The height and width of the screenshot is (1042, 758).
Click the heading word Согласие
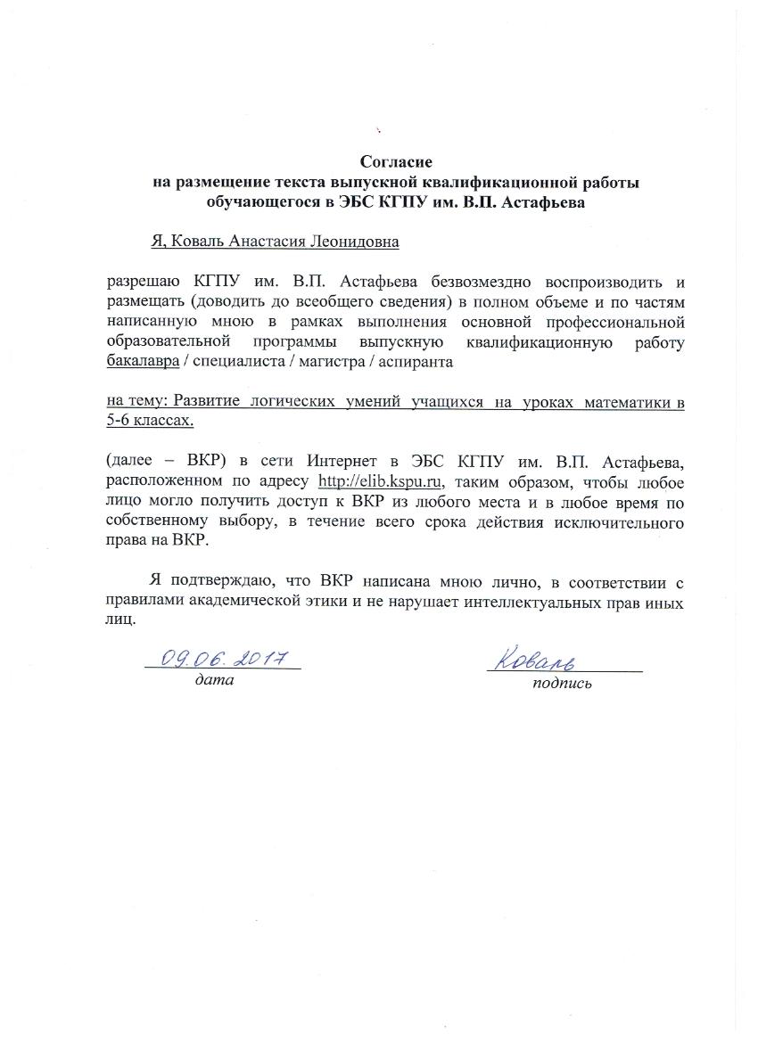[396, 162]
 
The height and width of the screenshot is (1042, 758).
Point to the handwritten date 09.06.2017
[223, 659]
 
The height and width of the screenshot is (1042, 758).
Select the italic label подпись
[561, 685]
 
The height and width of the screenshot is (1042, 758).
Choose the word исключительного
[623, 523]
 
